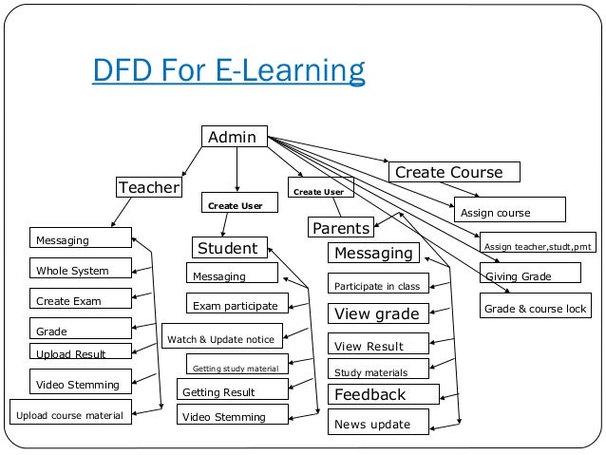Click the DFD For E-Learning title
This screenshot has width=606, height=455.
pos(228,72)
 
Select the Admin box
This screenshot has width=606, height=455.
pos(233,138)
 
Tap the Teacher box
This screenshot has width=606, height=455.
pos(148,187)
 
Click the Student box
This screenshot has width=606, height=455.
pos(227,249)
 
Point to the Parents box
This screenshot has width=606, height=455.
pos(340,228)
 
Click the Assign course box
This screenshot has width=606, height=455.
pos(508,210)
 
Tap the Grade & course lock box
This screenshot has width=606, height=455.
pos(536,309)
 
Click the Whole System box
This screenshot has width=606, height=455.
pos(80,271)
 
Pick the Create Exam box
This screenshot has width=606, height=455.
pos(80,300)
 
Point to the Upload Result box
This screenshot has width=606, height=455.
pos(80,353)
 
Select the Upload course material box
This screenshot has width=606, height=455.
pos(70,414)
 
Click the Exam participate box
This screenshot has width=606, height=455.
pos(236,306)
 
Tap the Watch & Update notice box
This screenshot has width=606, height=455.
pos(221,338)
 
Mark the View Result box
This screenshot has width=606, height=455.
pos(378,345)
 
